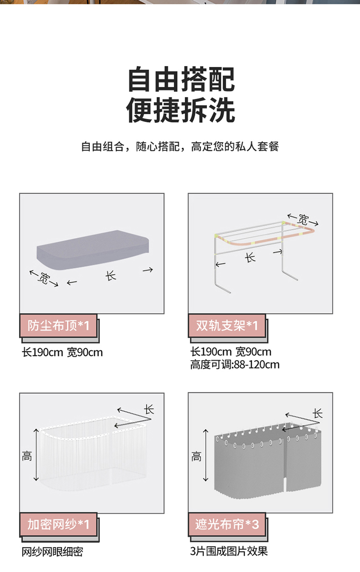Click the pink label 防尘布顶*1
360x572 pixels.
(59, 326)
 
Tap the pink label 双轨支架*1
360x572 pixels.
(227, 326)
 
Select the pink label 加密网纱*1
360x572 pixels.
(59, 524)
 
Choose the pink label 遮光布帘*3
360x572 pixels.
(227, 524)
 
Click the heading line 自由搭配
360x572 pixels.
(181, 79)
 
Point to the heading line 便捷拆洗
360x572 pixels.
(181, 110)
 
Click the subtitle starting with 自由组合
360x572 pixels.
(180, 146)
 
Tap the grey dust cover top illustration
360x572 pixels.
(93, 250)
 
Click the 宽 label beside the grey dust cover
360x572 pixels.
(43, 279)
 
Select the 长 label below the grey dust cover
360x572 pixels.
(110, 275)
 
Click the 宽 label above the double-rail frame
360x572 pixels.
(303, 219)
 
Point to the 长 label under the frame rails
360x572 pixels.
(250, 258)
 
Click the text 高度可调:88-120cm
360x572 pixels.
(235, 365)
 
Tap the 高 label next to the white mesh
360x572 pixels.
(27, 456)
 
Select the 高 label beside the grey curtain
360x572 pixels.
(196, 456)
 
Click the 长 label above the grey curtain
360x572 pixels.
(318, 414)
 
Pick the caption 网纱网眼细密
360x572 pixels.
(52, 552)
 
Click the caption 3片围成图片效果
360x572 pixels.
(229, 551)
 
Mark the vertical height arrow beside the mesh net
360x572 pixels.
(36, 455)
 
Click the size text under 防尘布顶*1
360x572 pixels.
(62, 353)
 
